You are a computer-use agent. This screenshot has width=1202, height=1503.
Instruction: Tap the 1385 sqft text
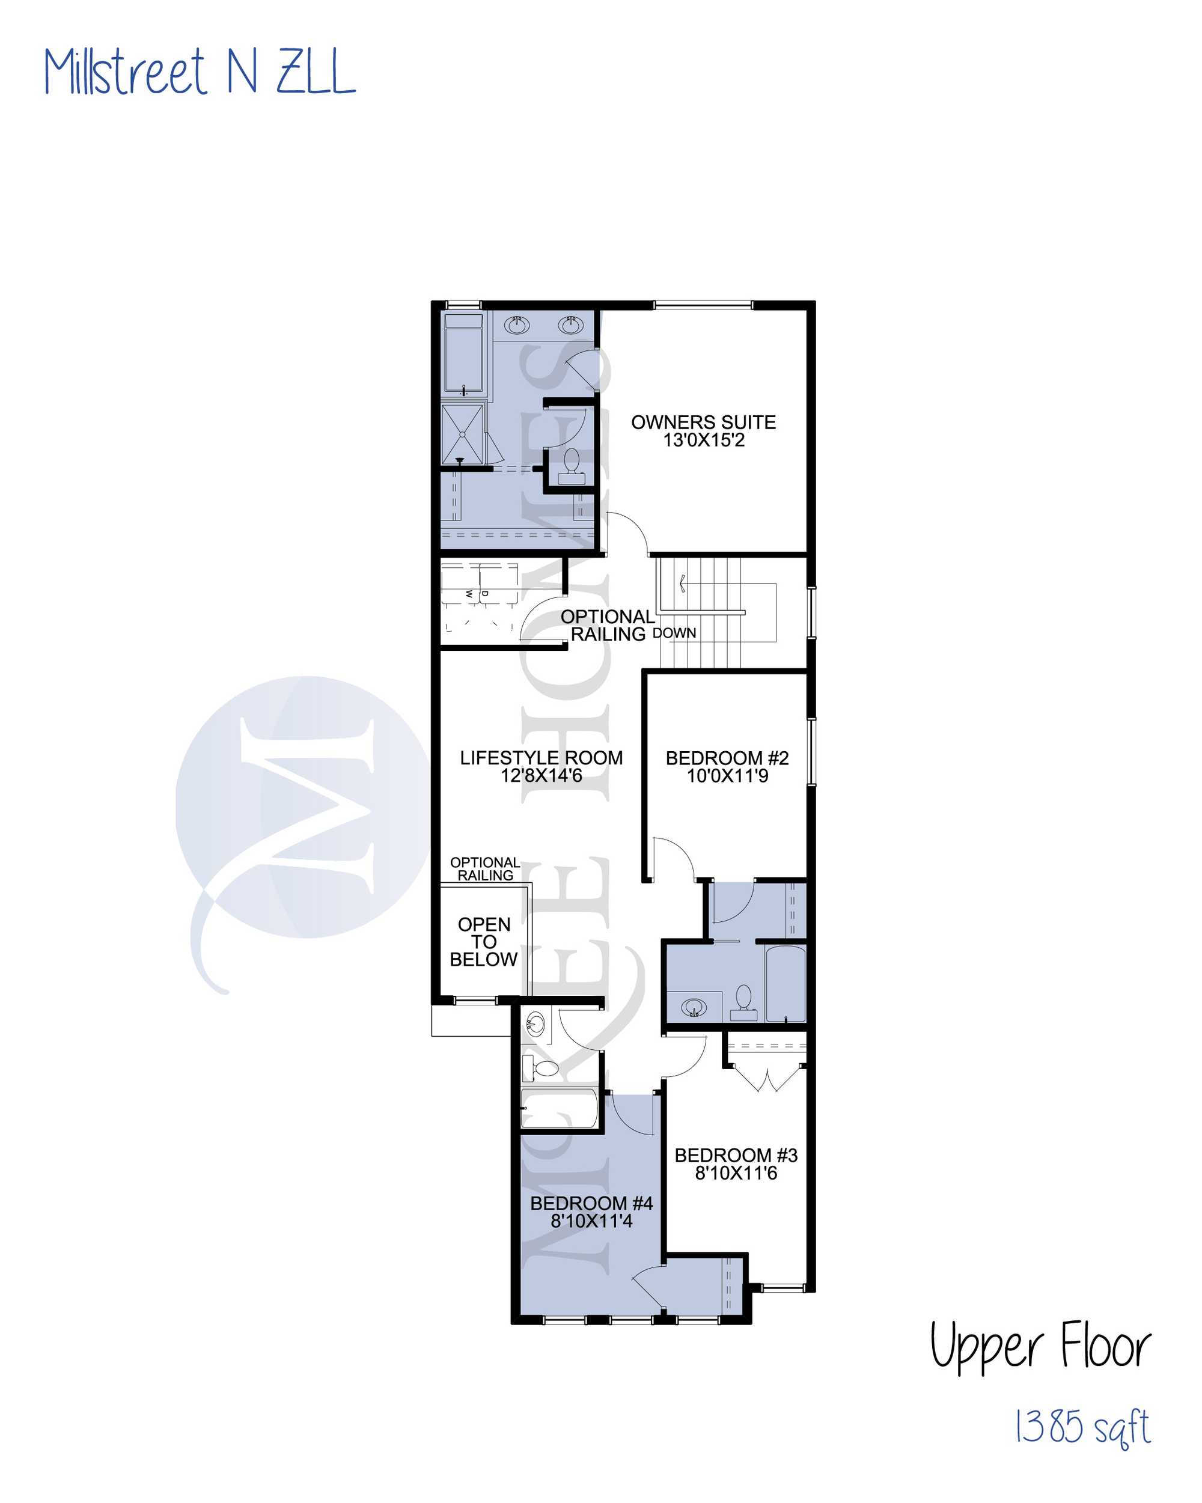click(1081, 1426)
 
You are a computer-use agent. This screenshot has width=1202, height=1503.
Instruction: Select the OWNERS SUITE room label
click(704, 422)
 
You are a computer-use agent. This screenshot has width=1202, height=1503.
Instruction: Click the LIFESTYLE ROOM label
click(541, 757)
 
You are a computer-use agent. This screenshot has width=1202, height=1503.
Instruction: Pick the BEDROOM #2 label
click(727, 758)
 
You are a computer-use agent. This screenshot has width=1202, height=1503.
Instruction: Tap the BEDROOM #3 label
click(736, 1155)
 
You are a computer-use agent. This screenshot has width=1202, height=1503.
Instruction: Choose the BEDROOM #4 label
click(591, 1203)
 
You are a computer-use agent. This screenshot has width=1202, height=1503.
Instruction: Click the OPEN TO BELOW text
click(484, 942)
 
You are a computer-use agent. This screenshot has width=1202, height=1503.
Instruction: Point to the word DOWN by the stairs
click(674, 633)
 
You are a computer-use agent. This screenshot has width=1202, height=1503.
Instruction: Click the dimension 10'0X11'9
click(727, 776)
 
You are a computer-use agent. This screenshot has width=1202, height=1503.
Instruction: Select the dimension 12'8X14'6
click(541, 775)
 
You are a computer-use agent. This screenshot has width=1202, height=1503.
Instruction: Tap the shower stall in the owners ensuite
click(462, 434)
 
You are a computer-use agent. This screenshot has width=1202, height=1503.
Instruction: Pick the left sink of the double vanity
click(517, 325)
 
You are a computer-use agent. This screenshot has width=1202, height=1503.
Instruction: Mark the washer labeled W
click(460, 584)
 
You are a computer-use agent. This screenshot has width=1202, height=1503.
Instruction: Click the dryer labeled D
click(498, 584)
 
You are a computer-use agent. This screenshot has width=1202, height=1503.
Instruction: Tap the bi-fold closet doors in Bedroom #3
click(767, 1078)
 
